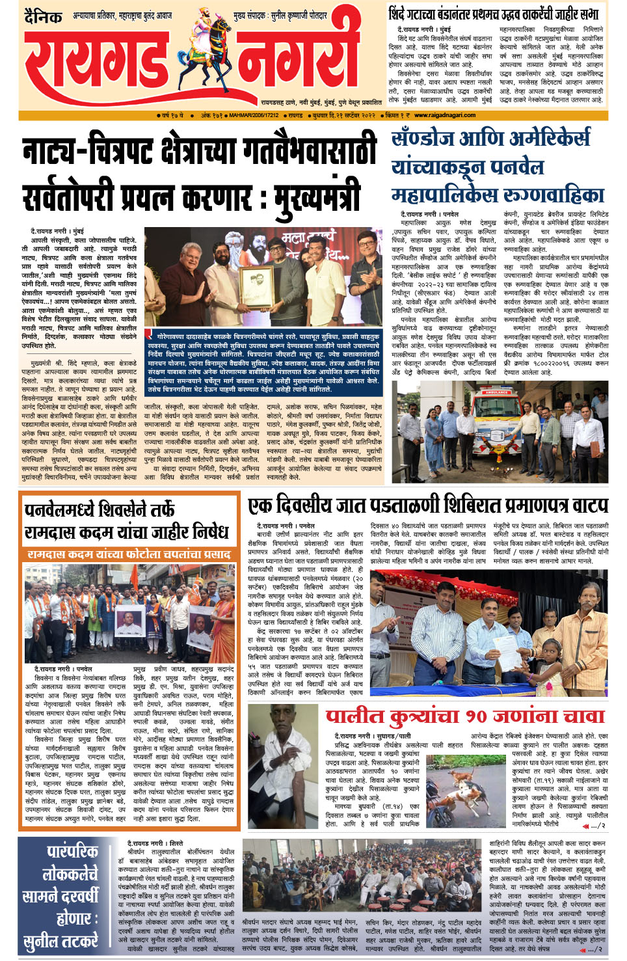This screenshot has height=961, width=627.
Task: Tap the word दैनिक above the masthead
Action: coord(43,16)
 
